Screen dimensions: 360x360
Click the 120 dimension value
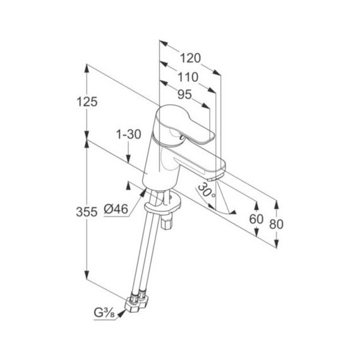point(190,58)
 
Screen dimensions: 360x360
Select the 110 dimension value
point(188,77)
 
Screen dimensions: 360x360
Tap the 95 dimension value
point(184,94)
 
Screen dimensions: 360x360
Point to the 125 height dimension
point(87,102)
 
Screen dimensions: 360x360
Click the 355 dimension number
point(87,212)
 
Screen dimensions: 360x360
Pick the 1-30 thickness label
point(129,135)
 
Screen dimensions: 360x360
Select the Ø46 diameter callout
point(116,209)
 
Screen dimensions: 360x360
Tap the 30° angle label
point(206,190)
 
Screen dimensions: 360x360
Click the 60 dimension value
point(256,219)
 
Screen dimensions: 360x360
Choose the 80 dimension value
point(276,224)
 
